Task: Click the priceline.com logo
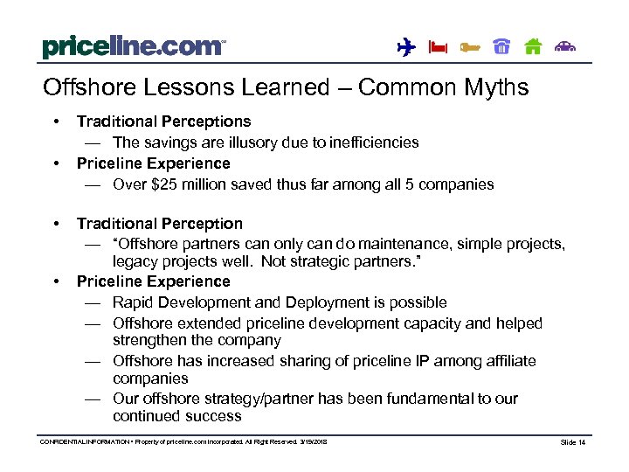click(133, 46)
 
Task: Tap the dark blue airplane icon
click(405, 47)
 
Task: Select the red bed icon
click(437, 47)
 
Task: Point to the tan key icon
click(469, 47)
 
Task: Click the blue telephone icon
click(501, 47)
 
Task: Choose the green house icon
click(533, 47)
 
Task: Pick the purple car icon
click(566, 47)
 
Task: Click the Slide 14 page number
click(573, 443)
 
